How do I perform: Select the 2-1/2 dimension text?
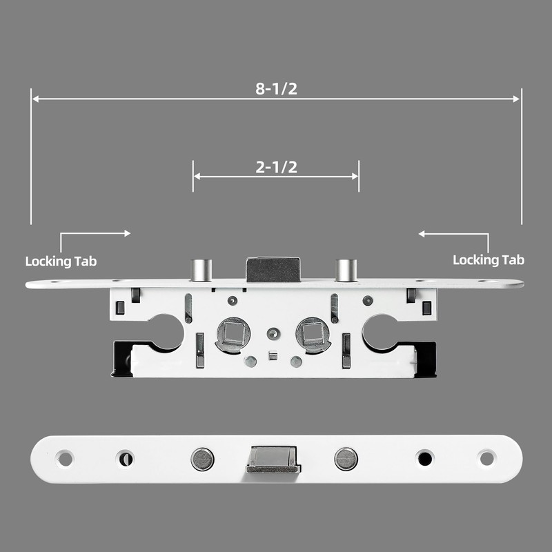pyautogui.click(x=276, y=167)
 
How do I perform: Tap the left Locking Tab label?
pyautogui.click(x=61, y=262)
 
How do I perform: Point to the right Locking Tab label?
pyautogui.click(x=489, y=260)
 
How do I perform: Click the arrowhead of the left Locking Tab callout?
pyautogui.click(x=127, y=234)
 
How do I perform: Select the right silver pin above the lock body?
pyautogui.click(x=345, y=270)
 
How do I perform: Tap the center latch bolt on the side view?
pyautogui.click(x=273, y=269)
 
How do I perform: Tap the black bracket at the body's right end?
pyautogui.click(x=426, y=359)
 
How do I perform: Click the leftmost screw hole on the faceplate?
pyautogui.click(x=65, y=458)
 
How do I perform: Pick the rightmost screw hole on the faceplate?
pyautogui.click(x=486, y=458)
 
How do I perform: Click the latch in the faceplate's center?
pyautogui.click(x=273, y=459)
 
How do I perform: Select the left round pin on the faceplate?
pyautogui.click(x=202, y=458)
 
